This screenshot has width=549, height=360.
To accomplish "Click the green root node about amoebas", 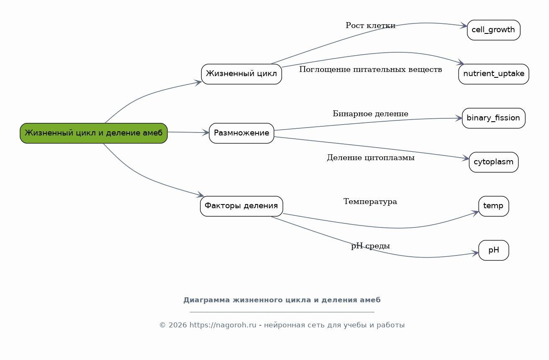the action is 94,133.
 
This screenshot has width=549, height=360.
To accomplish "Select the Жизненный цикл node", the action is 241,74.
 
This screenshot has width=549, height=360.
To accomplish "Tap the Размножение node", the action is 241,133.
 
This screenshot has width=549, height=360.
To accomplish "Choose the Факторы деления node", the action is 241,206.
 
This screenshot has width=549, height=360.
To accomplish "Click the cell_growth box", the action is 494,30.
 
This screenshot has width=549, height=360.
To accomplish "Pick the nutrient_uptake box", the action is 494,74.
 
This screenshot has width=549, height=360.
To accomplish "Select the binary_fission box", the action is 494,118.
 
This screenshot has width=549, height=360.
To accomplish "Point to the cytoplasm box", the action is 494,162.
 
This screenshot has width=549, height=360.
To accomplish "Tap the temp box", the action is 494,206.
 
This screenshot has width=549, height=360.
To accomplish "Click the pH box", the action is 494,250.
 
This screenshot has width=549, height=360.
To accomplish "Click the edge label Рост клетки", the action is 371,26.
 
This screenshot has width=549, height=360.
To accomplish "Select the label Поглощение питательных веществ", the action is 371,69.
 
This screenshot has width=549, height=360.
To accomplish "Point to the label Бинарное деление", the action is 371,114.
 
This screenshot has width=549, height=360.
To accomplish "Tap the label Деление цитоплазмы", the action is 371,158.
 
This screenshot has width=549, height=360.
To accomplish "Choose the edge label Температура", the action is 370,202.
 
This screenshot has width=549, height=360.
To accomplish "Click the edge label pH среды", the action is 371,245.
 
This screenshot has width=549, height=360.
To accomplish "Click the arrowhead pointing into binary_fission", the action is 459,118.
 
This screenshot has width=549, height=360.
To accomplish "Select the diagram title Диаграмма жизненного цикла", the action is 282,300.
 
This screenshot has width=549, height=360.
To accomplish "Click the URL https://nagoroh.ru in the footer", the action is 223,325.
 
